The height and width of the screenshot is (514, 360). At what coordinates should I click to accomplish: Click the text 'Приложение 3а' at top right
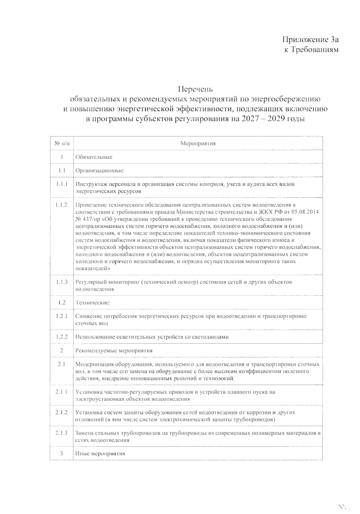tap(311, 40)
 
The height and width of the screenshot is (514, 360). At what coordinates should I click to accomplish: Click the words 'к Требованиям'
tap(311, 49)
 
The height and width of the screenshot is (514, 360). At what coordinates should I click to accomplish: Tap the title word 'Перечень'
tap(195, 89)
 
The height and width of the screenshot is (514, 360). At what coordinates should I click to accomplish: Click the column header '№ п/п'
tap(62, 143)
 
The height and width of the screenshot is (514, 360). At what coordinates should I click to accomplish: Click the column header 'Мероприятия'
tap(198, 143)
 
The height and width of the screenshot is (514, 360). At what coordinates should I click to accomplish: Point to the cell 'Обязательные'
tap(94, 157)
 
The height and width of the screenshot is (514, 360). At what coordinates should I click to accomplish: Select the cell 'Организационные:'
tap(100, 171)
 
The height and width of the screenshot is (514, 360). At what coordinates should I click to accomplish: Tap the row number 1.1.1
tap(62, 184)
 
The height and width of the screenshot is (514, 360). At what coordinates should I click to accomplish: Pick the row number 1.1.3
tap(62, 282)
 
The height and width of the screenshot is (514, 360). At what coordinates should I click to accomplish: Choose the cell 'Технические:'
tap(93, 302)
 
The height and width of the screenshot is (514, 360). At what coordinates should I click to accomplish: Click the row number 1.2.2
tap(62, 337)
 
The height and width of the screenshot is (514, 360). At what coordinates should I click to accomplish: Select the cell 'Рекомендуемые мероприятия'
tap(114, 350)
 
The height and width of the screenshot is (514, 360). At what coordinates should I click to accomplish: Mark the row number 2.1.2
tap(61, 412)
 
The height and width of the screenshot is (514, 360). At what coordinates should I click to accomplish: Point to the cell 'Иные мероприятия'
tap(100, 453)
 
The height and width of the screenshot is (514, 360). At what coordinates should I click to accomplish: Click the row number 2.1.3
tap(61, 433)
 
